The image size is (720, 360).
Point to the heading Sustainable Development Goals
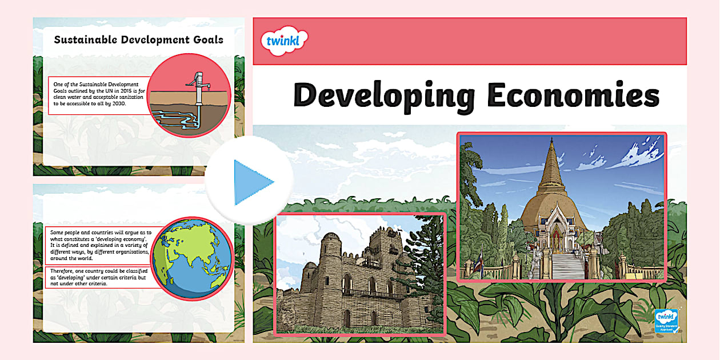coord(138,40)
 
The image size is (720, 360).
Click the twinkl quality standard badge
coord(666,322)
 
